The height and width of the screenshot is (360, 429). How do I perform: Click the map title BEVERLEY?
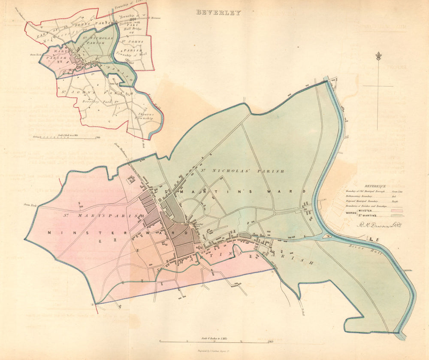pos(218,13)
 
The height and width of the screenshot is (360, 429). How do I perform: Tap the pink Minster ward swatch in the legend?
pos(393,210)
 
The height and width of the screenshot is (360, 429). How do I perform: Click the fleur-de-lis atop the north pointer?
pos(378,56)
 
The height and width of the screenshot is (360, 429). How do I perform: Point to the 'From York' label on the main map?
pos(31,206)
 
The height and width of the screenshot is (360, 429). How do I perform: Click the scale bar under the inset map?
pos(64,138)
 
